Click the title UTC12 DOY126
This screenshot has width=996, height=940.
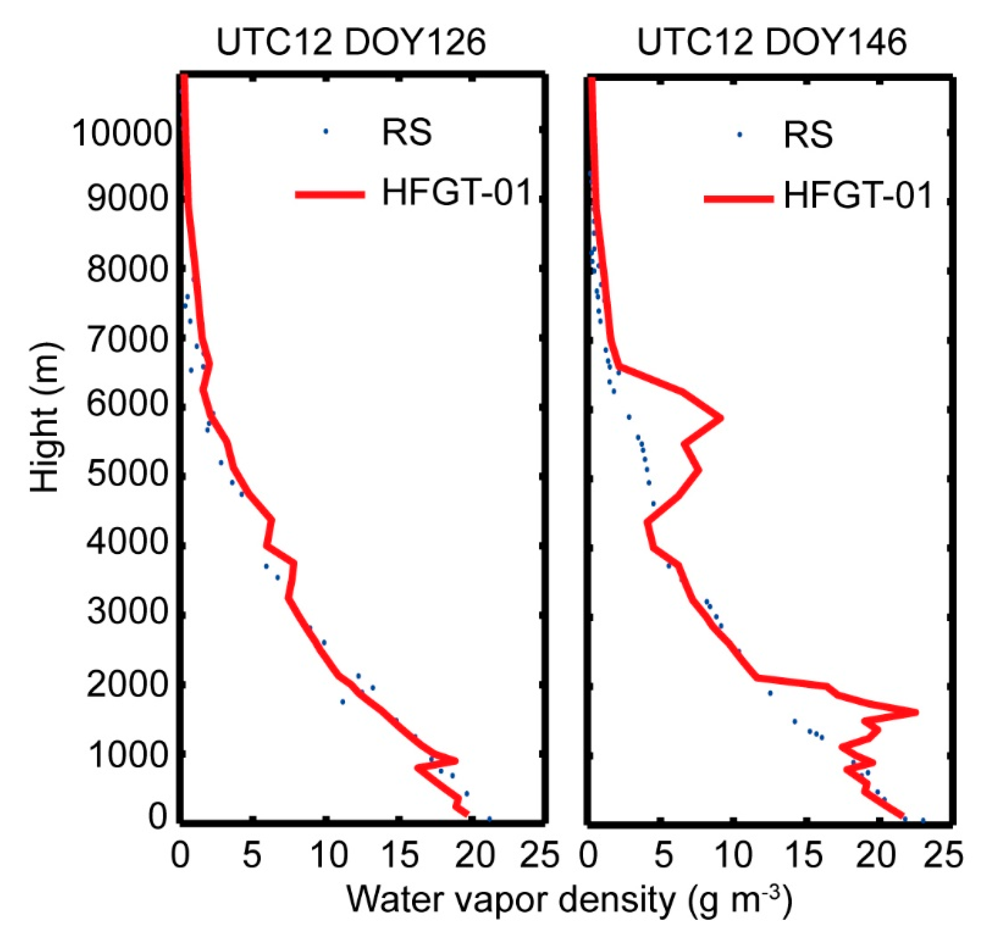[x=351, y=42]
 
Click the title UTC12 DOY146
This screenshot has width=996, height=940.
[x=771, y=42]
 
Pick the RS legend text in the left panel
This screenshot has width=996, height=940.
[x=407, y=133]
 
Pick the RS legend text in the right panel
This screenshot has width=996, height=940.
[x=808, y=135]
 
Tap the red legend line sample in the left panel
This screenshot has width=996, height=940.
[x=330, y=195]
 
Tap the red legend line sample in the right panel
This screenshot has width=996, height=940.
[x=739, y=199]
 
